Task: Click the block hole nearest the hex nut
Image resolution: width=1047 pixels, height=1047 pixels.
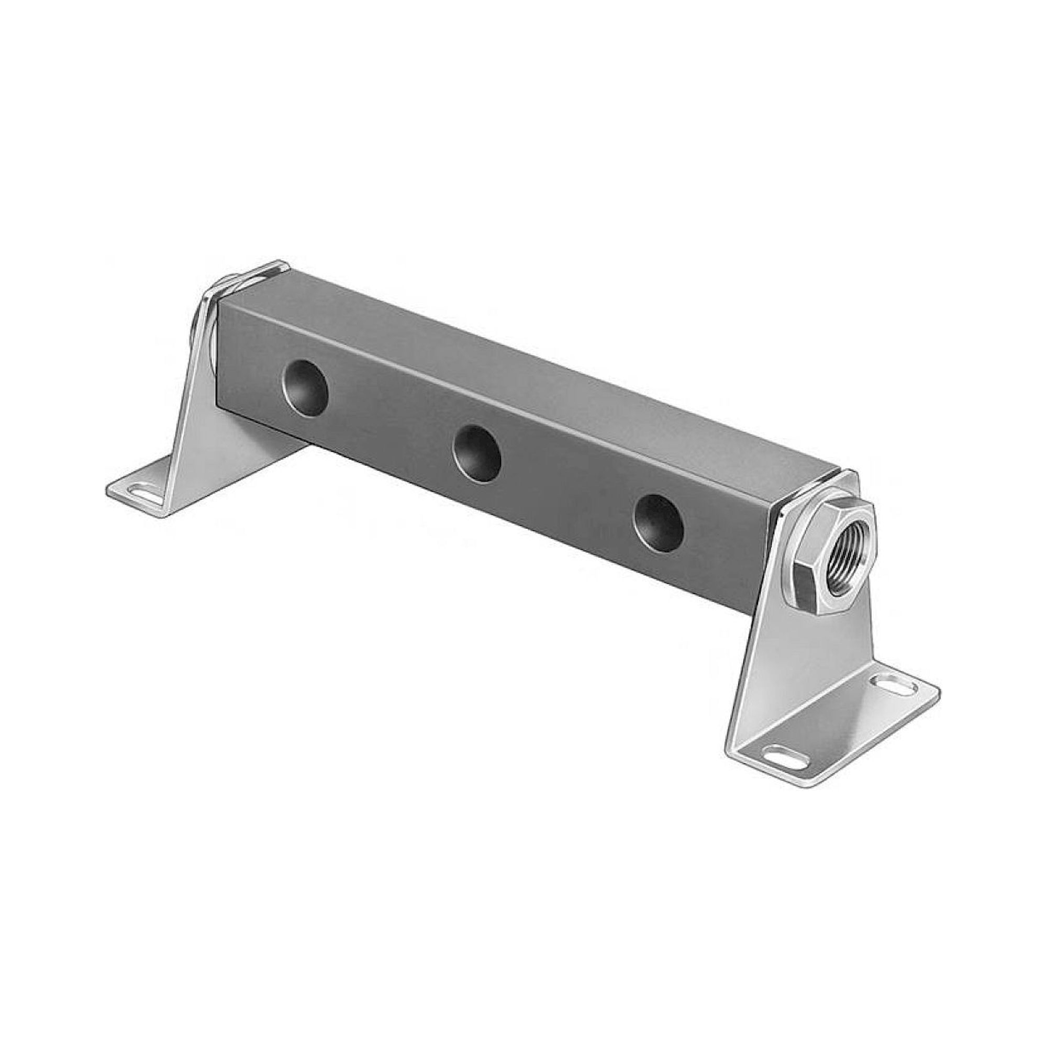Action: (658, 523)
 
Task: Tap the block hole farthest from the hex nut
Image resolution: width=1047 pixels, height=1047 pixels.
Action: (306, 387)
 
